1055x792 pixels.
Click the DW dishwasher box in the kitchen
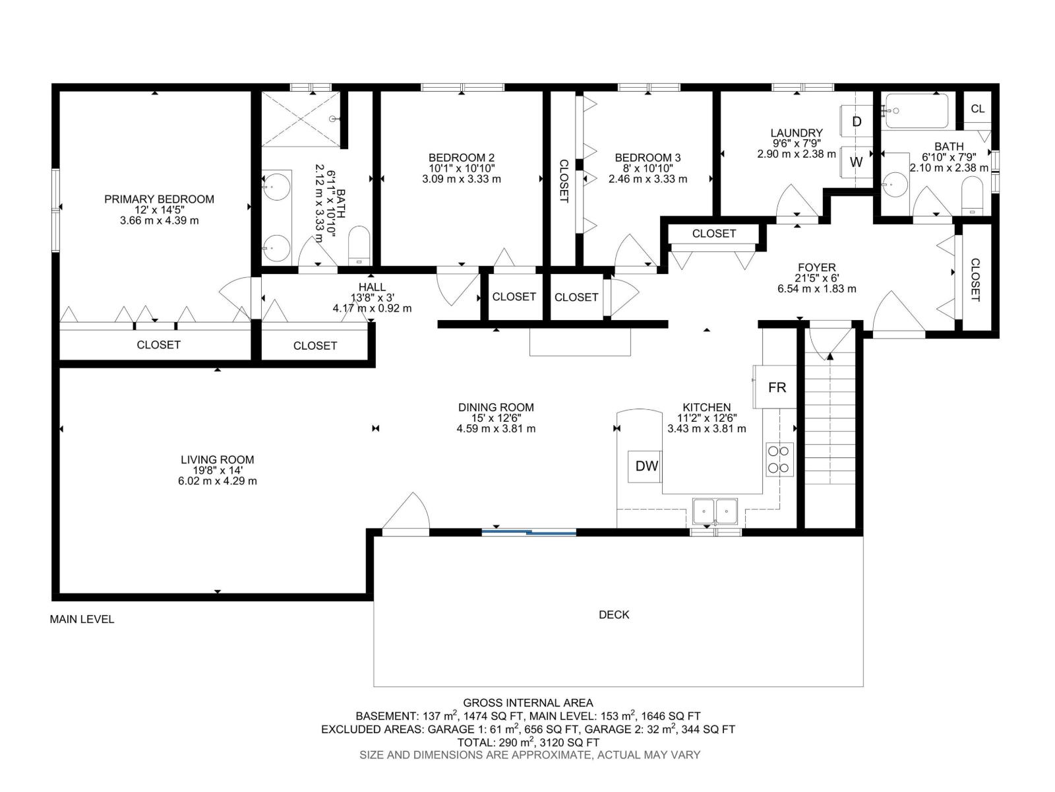pyautogui.click(x=645, y=466)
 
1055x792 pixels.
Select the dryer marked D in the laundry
pyautogui.click(x=856, y=121)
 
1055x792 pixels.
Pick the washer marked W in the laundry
pyautogui.click(x=856, y=162)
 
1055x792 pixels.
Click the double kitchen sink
pyautogui.click(x=715, y=511)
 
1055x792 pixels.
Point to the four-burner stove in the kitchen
pyautogui.click(x=779, y=459)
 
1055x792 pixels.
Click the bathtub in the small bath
pyautogui.click(x=917, y=111)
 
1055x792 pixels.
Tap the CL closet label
pyautogui.click(x=978, y=109)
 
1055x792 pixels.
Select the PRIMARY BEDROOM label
pyautogui.click(x=159, y=199)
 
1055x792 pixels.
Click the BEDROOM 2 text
pyautogui.click(x=462, y=158)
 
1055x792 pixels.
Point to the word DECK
pyautogui.click(x=614, y=614)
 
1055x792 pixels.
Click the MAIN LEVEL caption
pyautogui.click(x=82, y=619)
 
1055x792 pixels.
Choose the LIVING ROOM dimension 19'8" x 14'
pyautogui.click(x=217, y=471)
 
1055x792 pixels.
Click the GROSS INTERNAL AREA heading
pyautogui.click(x=527, y=703)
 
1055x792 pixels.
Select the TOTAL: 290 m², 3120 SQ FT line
pyautogui.click(x=527, y=742)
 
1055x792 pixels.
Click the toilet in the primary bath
pyautogui.click(x=359, y=246)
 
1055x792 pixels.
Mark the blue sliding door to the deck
pyautogui.click(x=529, y=532)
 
